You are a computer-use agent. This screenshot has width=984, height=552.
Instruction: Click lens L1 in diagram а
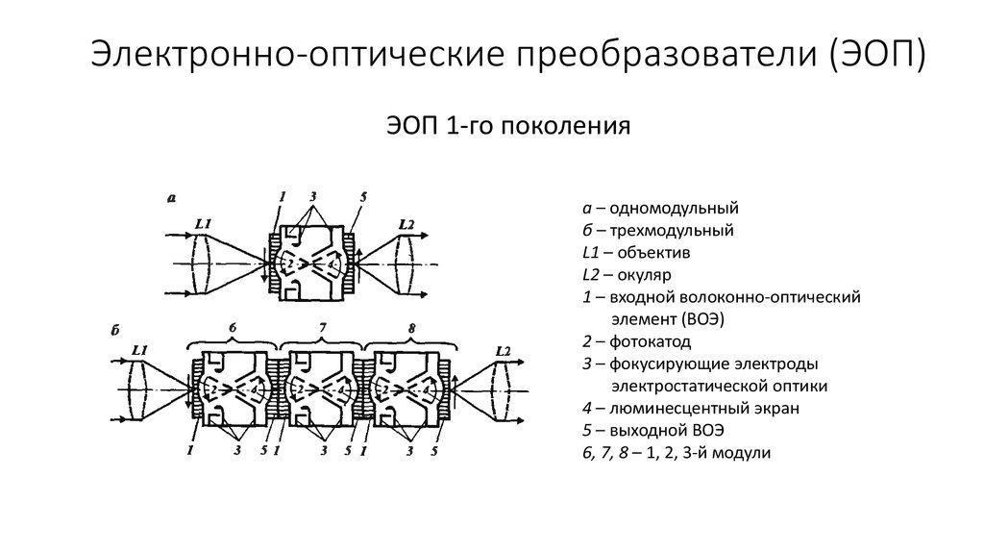201,262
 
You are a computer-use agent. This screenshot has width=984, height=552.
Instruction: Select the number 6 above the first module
233,329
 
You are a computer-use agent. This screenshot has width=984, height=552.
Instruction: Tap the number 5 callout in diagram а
362,198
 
